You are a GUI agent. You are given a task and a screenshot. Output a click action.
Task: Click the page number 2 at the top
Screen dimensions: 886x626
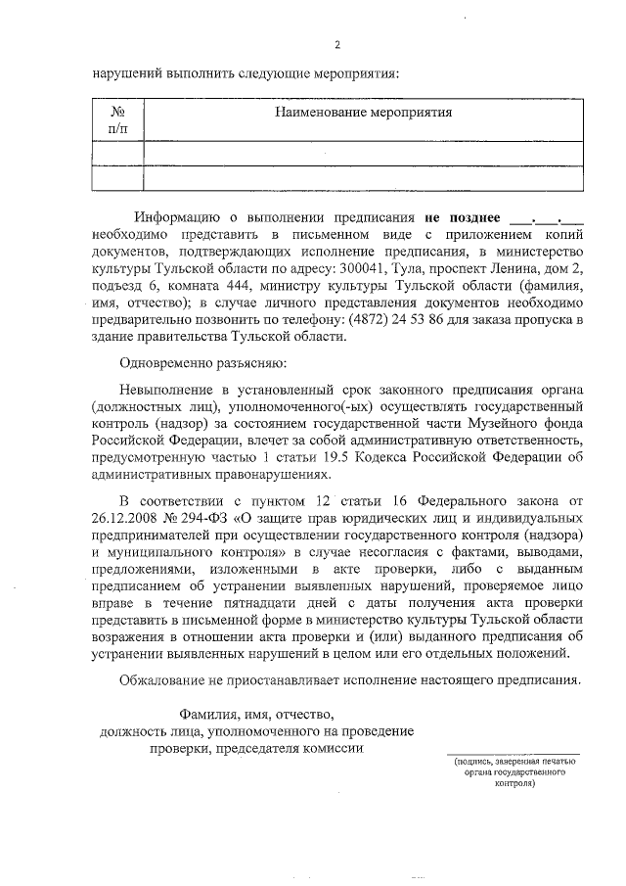pos(336,45)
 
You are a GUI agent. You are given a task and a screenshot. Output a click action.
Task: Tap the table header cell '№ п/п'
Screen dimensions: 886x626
pos(117,119)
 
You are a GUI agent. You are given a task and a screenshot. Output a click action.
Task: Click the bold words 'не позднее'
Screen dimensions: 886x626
pos(462,217)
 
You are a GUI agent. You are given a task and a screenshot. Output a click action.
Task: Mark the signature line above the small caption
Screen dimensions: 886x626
pos(514,754)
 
